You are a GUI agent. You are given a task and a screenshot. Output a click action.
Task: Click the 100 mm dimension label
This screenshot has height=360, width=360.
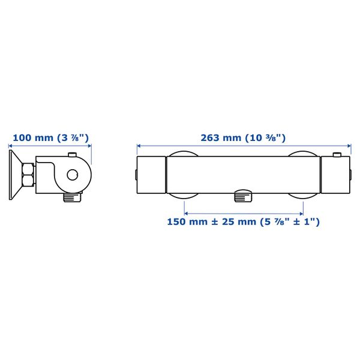click(x=51, y=138)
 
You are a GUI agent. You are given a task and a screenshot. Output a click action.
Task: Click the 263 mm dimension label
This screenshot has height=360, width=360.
click(x=243, y=138)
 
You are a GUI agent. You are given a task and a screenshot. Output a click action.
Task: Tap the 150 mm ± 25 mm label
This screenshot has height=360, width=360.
click(x=243, y=222)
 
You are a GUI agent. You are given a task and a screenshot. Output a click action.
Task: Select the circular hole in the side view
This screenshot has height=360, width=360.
click(x=73, y=175)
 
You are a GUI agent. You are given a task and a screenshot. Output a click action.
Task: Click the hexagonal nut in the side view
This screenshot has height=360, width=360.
click(x=28, y=175)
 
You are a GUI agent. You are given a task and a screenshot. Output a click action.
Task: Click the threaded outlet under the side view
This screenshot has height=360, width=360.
click(x=72, y=197)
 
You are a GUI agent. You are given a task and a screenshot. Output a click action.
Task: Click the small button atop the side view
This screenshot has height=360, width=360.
click(x=73, y=155)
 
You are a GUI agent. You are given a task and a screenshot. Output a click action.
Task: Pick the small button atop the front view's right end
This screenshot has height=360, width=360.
click(x=337, y=155)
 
